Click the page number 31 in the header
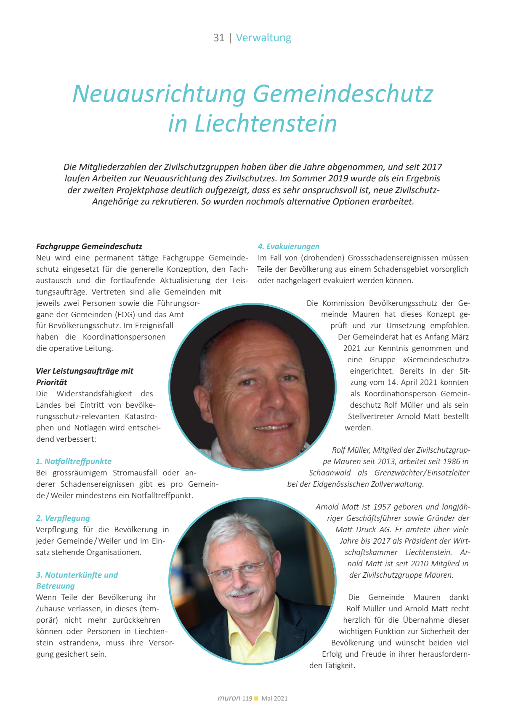point(218,38)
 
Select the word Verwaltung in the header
point(263,38)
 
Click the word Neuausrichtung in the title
point(159,93)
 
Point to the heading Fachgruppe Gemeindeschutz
point(89,247)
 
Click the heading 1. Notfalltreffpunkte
point(74,462)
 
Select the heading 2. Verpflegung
point(63,518)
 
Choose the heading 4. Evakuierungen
point(289,247)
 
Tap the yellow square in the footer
point(256,698)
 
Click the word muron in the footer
point(229,698)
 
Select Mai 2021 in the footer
point(274,698)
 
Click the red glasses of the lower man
point(238,569)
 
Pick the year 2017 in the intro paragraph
point(432,167)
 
